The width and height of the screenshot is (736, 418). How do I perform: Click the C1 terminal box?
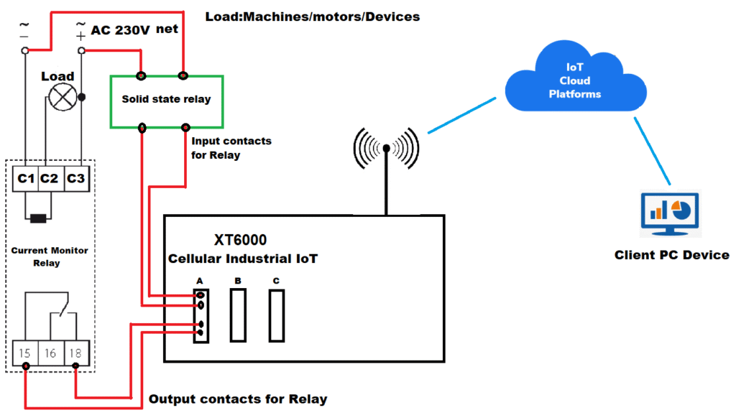[26, 178]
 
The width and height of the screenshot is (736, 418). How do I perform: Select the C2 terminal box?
[50, 178]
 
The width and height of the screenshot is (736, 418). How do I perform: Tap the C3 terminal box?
[75, 178]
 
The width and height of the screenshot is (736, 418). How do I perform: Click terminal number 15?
[25, 353]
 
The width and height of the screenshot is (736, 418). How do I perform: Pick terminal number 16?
[50, 353]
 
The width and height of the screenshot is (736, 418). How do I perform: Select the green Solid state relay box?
[165, 100]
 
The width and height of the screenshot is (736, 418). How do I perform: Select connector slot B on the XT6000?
[238, 315]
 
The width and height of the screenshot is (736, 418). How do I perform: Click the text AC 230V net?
[134, 30]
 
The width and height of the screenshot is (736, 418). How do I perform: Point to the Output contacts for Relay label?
[237, 399]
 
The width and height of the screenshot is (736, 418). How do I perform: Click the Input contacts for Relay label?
[231, 147]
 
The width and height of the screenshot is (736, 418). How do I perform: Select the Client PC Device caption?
[671, 255]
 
